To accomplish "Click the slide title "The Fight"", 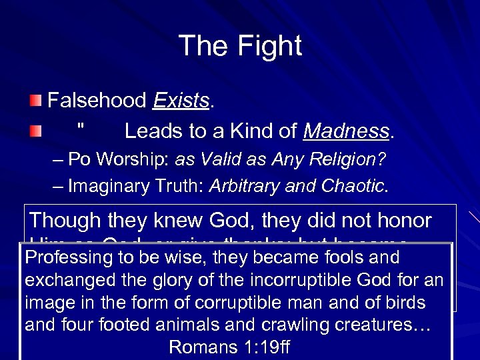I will point(240,46).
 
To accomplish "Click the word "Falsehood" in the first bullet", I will point(97,101).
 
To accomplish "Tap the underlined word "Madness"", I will point(345,131).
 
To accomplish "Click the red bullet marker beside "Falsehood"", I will point(35,101).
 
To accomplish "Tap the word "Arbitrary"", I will point(241,187).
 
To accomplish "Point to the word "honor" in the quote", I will point(409,220).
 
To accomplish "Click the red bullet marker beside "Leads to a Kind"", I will point(35,131).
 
